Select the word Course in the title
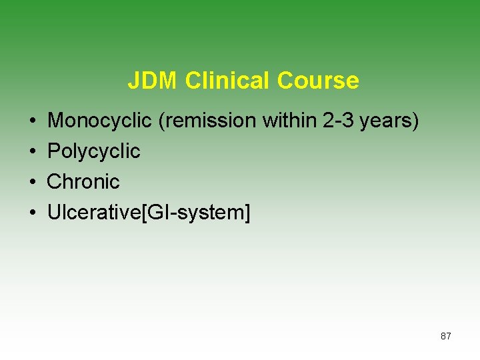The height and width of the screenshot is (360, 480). (x=318, y=81)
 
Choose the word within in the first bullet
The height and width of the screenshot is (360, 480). (x=293, y=121)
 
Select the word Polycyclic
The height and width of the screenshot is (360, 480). (x=94, y=151)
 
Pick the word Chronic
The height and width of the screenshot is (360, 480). (x=83, y=181)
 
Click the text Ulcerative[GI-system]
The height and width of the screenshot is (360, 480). (x=149, y=213)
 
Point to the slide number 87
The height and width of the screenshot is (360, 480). (x=446, y=336)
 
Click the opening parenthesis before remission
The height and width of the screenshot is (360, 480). (x=161, y=121)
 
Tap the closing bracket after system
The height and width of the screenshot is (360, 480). (x=247, y=213)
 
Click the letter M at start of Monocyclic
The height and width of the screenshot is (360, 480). (x=55, y=121)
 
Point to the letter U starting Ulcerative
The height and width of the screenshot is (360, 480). (x=53, y=212)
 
